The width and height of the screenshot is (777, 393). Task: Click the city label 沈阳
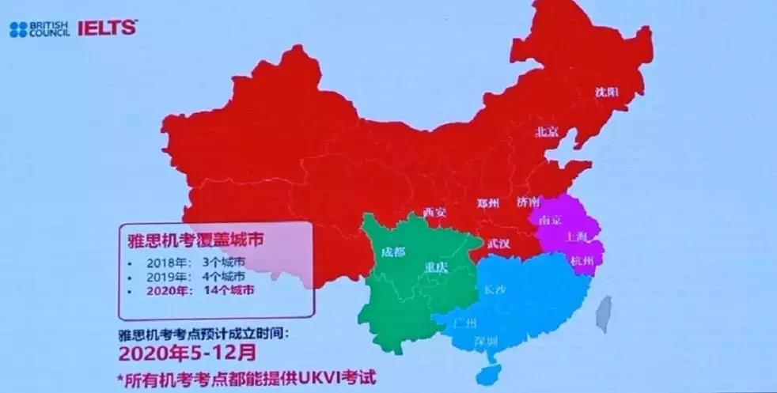pyautogui.click(x=607, y=92)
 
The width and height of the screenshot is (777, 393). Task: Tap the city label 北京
pyautogui.click(x=548, y=131)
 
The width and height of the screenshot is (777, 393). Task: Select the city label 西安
pyautogui.click(x=434, y=212)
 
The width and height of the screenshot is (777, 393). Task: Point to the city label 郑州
pyautogui.click(x=488, y=203)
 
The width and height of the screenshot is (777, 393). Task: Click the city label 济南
pyautogui.click(x=528, y=202)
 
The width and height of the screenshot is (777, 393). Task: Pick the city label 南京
pyautogui.click(x=549, y=221)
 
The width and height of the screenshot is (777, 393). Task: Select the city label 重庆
pyautogui.click(x=436, y=266)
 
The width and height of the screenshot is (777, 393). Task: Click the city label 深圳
pyautogui.click(x=485, y=341)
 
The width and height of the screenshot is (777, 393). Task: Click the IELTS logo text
pyautogui.click(x=107, y=28)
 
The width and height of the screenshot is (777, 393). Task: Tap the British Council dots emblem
pyautogui.click(x=18, y=30)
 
